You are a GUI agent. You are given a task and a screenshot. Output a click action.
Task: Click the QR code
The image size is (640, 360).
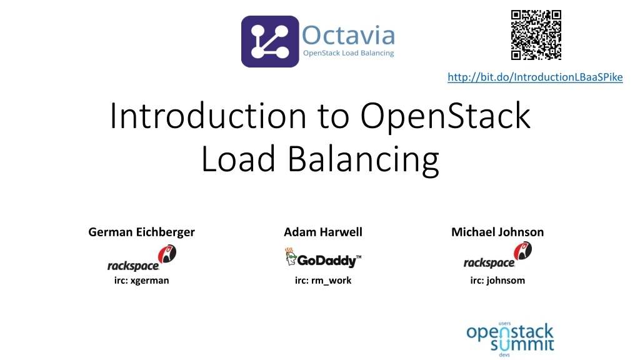(x=536, y=35)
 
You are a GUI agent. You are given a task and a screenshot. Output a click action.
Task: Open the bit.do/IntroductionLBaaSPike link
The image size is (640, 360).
(x=535, y=77)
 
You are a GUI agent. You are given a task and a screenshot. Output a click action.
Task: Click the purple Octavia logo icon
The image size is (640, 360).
(x=269, y=41)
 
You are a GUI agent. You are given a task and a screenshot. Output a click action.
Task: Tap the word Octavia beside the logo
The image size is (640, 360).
(x=348, y=35)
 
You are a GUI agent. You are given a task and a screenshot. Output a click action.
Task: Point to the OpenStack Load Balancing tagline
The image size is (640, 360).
(x=348, y=53)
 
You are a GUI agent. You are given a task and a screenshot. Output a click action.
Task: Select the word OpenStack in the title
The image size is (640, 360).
(x=445, y=116)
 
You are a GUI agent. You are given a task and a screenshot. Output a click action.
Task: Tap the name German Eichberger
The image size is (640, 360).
(x=141, y=232)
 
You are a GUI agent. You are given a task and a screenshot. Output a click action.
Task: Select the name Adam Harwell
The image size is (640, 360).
(x=322, y=232)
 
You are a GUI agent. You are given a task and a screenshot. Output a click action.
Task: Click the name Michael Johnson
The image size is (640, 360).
(x=497, y=232)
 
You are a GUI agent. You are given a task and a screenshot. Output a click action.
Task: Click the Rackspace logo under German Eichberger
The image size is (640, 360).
(x=142, y=258)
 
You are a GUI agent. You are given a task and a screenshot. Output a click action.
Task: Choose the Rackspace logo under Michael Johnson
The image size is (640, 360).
(x=497, y=257)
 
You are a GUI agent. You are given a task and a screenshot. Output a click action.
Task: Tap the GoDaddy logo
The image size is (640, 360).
(x=323, y=258)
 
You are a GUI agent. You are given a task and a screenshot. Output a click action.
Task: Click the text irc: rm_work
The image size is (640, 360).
(x=322, y=281)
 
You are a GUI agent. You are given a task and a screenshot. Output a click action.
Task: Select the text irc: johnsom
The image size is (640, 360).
(x=497, y=281)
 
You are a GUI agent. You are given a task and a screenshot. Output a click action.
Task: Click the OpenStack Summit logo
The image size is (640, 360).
(x=510, y=339)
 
